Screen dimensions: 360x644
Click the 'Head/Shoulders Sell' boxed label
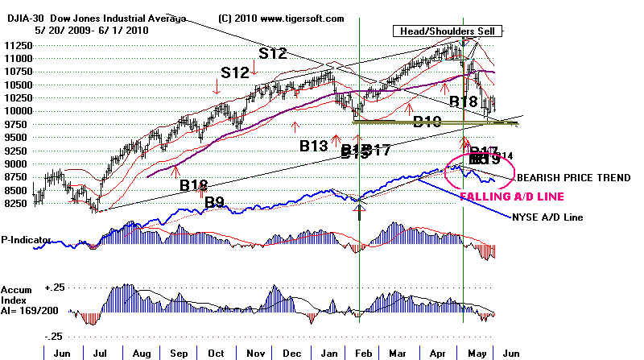point(447,31)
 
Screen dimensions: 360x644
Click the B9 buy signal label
point(213,202)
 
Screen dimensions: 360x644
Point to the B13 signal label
point(314,146)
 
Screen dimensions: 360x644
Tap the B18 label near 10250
point(464,101)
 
